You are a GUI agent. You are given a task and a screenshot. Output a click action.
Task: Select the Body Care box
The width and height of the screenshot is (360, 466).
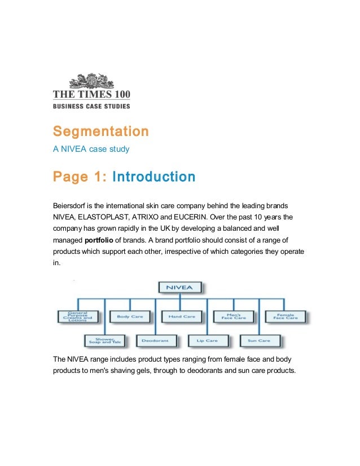pos(130,316)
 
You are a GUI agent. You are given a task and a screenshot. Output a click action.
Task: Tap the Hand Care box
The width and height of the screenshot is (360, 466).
pos(182,316)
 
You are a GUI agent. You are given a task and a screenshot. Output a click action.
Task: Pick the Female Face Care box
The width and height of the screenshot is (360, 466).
pos(285,316)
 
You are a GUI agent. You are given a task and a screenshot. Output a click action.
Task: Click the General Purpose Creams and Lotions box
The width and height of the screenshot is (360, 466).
pos(78,316)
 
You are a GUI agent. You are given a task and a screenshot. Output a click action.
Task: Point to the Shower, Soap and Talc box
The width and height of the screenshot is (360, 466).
pos(104,341)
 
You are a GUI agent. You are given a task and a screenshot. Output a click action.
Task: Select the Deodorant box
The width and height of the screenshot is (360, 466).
pos(156,341)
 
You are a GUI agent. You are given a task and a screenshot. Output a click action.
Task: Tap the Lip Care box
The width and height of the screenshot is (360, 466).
pos(208,341)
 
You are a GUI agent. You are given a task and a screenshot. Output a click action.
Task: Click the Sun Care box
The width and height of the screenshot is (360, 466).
pos(260,341)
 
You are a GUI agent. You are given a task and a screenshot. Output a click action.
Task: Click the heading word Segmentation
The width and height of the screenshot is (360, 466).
pos(101,131)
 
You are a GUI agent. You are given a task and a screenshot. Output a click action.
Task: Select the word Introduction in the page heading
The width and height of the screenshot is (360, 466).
pos(154,177)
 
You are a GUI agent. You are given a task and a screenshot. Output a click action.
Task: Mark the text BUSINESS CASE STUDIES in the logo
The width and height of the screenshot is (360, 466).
pos(91,106)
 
